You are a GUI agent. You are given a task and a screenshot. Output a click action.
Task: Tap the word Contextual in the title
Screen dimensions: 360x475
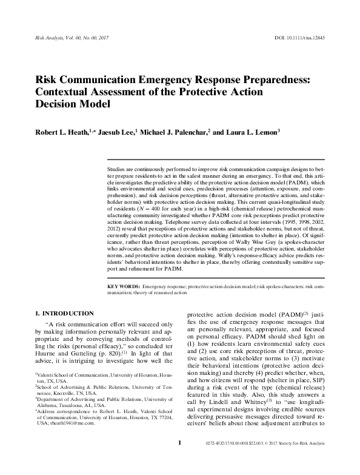(x=68, y=92)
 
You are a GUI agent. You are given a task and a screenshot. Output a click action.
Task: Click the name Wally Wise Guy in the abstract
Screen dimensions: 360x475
(x=243, y=248)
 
